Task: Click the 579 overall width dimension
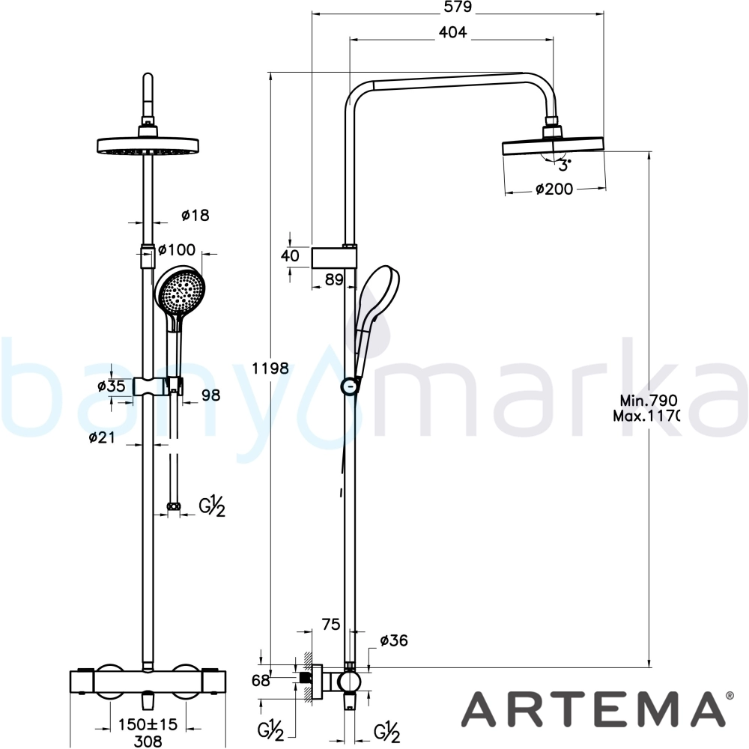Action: tap(457, 7)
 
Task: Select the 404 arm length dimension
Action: tap(452, 32)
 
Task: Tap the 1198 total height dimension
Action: tap(270, 369)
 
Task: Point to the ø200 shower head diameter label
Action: tap(554, 189)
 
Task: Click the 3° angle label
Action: tap(565, 166)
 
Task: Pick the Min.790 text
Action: tap(648, 400)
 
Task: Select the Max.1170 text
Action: tap(646, 416)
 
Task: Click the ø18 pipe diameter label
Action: tap(195, 216)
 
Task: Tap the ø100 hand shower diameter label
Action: tap(177, 249)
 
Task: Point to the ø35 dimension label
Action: tap(112, 386)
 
